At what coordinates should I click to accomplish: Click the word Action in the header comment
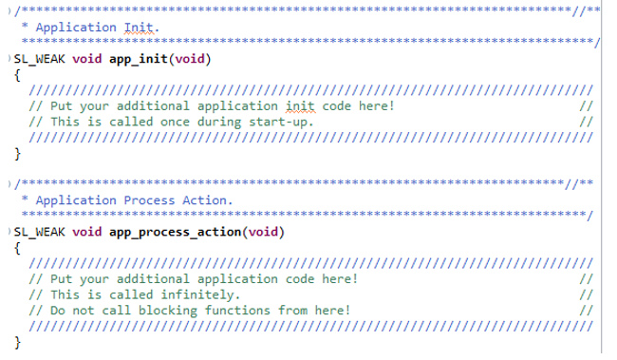(x=206, y=200)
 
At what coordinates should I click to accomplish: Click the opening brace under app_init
(x=18, y=75)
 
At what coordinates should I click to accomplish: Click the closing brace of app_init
(x=18, y=153)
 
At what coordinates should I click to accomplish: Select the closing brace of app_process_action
(x=18, y=341)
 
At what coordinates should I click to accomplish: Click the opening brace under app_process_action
(x=18, y=247)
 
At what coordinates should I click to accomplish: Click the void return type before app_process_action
(x=88, y=231)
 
